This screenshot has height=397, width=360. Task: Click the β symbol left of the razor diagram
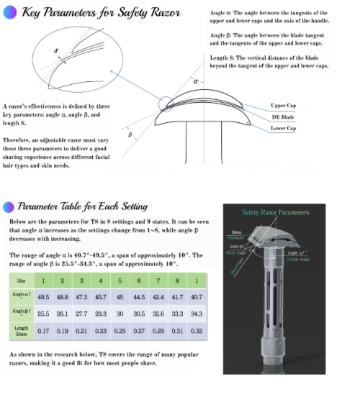coord(130,134)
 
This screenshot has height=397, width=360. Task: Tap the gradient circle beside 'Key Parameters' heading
coord(9,12)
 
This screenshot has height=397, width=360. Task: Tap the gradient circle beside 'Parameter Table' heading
coord(9,206)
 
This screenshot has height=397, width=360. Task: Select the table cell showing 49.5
coord(42,296)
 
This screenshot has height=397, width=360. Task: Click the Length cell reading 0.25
coord(120,332)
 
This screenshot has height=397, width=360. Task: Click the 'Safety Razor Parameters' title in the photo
coord(275,213)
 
